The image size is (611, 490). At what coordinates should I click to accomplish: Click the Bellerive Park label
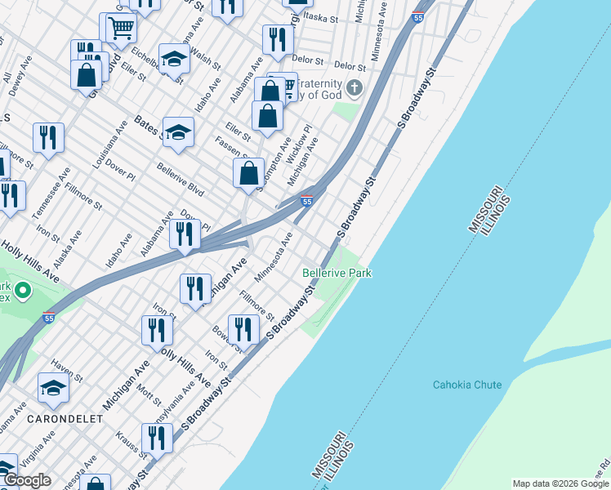(x=337, y=273)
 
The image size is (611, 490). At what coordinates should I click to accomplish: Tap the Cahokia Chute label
(x=467, y=385)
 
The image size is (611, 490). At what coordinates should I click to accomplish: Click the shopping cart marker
(x=118, y=29)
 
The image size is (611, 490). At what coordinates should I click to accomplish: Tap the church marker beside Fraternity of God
(x=355, y=87)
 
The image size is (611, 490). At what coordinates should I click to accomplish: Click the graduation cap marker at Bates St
(x=177, y=133)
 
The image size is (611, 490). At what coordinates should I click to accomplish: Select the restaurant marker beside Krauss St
(x=157, y=439)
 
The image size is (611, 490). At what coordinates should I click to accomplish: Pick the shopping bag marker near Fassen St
(x=249, y=173)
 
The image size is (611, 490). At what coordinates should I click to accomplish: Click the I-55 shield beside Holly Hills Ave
(x=48, y=318)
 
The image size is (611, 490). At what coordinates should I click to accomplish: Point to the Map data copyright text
(x=560, y=483)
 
